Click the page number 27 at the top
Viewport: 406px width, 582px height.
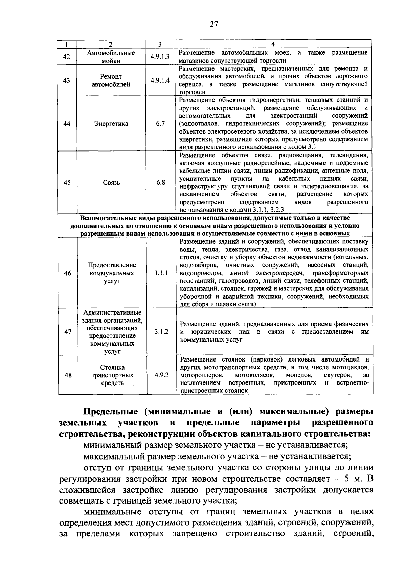tap(213, 24)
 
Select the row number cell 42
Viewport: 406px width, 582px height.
tap(67, 57)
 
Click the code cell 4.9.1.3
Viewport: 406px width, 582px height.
tap(160, 57)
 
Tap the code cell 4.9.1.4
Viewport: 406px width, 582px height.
tap(160, 80)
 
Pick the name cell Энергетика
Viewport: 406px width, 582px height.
tap(111, 124)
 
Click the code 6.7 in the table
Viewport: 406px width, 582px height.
tap(160, 124)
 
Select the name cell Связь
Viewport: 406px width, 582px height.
tap(111, 183)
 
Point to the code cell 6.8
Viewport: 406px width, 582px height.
tap(161, 183)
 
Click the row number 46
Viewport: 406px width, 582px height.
tap(68, 273)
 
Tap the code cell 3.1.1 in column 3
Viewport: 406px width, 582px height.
tap(161, 273)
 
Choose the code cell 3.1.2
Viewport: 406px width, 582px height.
tap(161, 332)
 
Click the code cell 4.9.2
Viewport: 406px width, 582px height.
tap(162, 375)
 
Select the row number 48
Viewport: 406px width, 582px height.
tap(68, 375)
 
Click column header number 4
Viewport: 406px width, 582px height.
tap(273, 44)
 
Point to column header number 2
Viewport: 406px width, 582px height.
tap(110, 44)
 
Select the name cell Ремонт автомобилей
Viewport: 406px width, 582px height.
tap(111, 80)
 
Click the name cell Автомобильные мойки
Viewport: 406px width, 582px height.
tap(111, 57)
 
